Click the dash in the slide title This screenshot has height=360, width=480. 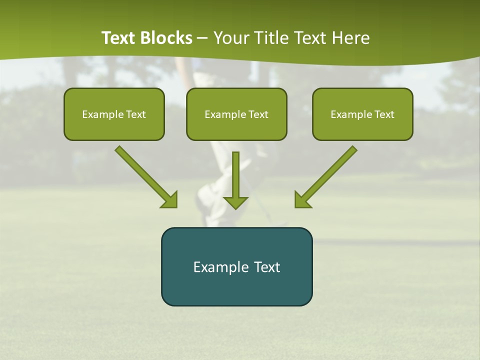(x=202, y=38)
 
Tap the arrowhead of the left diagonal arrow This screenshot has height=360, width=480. (x=169, y=200)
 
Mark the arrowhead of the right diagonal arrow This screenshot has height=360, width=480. (x=302, y=200)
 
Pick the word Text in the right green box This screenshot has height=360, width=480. (x=384, y=114)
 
